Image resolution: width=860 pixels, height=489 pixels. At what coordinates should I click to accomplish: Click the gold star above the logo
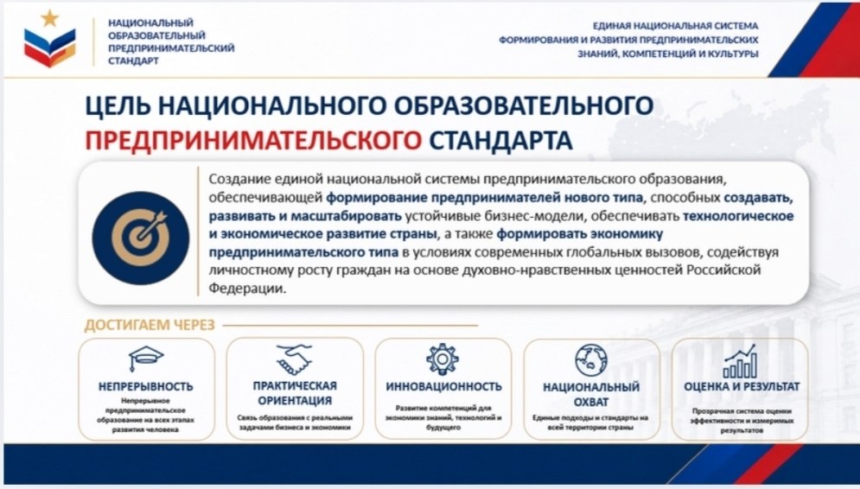click(x=50, y=18)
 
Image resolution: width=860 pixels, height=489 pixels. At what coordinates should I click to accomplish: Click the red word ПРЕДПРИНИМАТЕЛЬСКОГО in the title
click(x=253, y=140)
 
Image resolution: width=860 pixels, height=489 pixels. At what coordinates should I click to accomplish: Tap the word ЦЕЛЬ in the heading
click(x=118, y=105)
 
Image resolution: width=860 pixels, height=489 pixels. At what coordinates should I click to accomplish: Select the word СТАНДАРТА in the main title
click(x=500, y=140)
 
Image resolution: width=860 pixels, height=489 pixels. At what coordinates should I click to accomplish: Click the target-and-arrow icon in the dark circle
click(x=141, y=238)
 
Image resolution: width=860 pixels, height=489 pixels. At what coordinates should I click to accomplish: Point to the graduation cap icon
click(x=146, y=359)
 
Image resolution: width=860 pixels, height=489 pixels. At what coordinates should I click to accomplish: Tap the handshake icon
click(x=294, y=359)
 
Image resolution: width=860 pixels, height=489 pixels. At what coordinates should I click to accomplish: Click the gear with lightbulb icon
click(x=442, y=359)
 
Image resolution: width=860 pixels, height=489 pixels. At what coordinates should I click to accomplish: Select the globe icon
click(x=591, y=360)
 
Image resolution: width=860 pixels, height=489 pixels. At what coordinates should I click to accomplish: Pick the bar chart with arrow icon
click(x=740, y=361)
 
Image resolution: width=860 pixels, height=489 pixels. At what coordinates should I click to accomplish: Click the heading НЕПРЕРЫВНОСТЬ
click(x=146, y=386)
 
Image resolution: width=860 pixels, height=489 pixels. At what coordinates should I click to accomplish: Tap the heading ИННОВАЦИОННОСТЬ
click(x=443, y=386)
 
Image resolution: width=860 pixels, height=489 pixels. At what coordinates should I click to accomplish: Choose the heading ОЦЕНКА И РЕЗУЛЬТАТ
click(x=742, y=386)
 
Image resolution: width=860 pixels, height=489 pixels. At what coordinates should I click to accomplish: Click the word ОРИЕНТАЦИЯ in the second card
click(x=295, y=401)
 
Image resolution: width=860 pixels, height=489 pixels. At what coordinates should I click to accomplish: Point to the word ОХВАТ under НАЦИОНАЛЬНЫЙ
click(x=591, y=402)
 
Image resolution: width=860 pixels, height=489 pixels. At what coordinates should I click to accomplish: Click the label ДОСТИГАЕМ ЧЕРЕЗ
click(x=150, y=325)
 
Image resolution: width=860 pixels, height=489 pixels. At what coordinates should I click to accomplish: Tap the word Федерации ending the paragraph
click(x=247, y=289)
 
